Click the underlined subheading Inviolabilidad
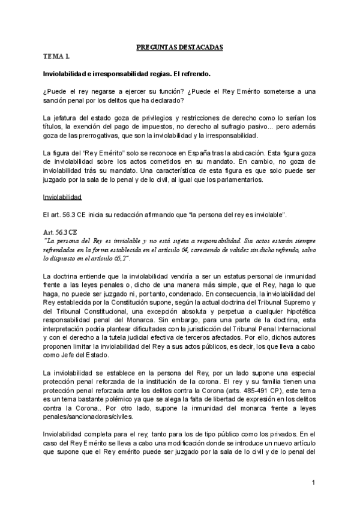coord(63,197)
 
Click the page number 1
coord(313,483)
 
